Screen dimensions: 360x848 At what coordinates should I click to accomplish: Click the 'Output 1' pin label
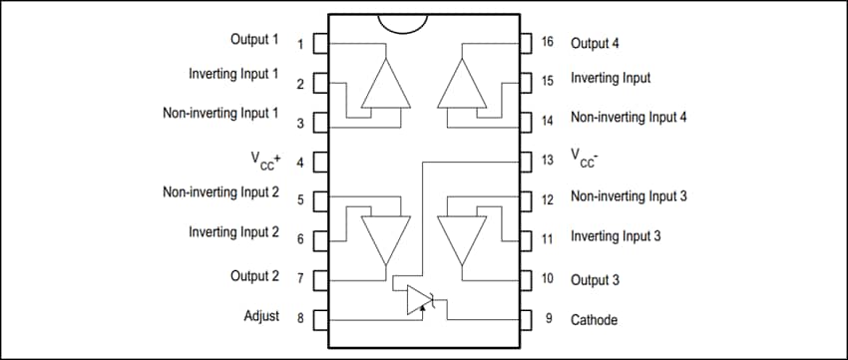(254, 40)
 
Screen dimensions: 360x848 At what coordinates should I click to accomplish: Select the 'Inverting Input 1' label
(233, 75)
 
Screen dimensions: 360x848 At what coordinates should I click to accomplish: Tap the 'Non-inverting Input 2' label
(220, 191)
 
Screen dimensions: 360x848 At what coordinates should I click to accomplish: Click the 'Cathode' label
(594, 320)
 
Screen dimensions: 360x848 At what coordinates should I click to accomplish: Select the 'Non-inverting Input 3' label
(629, 196)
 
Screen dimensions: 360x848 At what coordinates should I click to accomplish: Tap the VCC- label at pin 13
(585, 158)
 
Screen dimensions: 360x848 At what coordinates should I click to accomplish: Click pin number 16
(547, 43)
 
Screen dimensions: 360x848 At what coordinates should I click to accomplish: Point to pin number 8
(300, 319)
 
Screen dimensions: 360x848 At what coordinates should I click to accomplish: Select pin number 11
(547, 237)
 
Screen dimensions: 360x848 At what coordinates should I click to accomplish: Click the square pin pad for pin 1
(320, 44)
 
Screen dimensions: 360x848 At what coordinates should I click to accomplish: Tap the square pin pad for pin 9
(526, 320)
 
